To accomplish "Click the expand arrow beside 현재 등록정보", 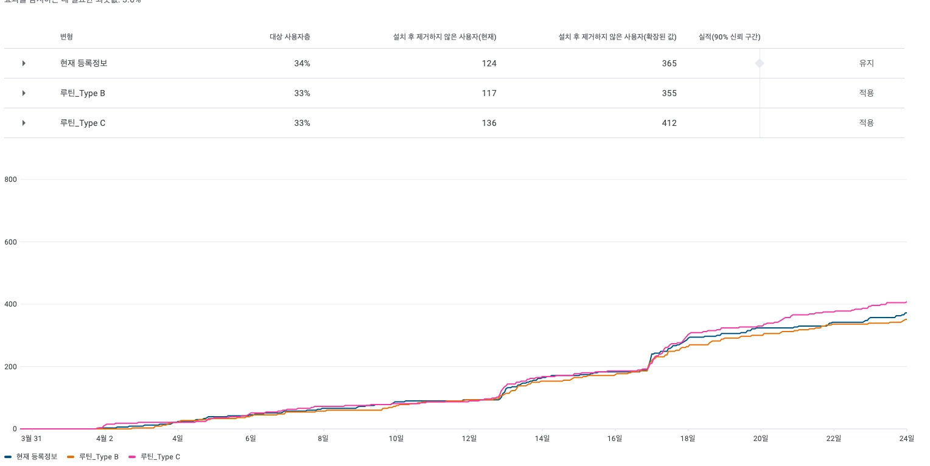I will [x=24, y=63].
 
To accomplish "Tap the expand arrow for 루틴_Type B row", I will [x=24, y=93].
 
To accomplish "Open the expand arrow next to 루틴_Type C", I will [x=24, y=123].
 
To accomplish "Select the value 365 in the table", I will [x=669, y=63].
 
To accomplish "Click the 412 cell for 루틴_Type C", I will [x=669, y=123].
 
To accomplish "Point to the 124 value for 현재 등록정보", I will [x=489, y=63].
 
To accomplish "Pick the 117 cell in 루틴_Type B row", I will [x=489, y=93].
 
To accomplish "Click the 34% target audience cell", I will [x=302, y=63].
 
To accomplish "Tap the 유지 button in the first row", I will [x=866, y=63].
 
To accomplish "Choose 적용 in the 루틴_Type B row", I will [x=866, y=93].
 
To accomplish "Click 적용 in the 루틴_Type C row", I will [x=866, y=123].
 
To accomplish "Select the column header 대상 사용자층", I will [x=290, y=37].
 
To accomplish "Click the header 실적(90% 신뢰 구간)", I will [x=729, y=37].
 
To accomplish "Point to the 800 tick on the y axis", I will [x=10, y=179].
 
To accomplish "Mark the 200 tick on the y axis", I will [x=10, y=367].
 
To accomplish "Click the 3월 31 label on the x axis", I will [x=31, y=438].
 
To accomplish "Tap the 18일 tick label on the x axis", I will [x=688, y=438].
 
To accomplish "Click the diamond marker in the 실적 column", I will [x=760, y=63].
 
